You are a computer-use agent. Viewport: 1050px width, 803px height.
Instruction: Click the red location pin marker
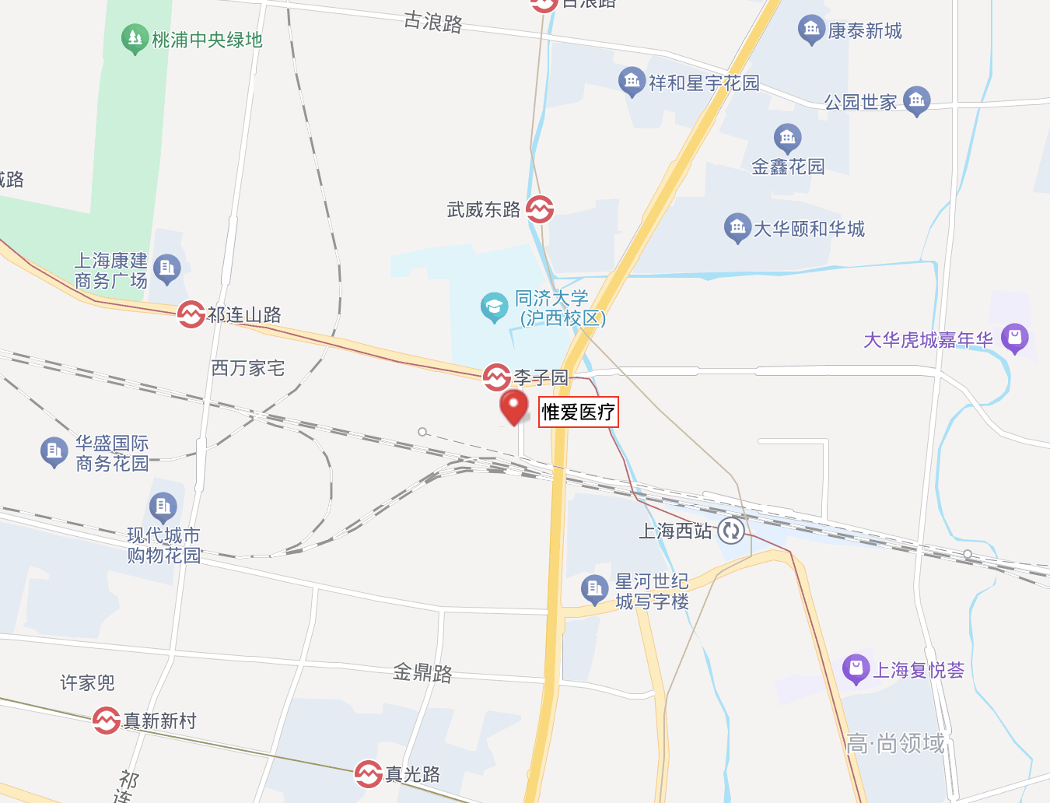[x=513, y=406]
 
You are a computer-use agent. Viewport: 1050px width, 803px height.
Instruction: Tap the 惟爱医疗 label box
[x=579, y=412]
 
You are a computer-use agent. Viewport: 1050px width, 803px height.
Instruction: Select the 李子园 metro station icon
[x=496, y=377]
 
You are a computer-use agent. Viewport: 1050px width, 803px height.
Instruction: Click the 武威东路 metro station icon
[x=540, y=209]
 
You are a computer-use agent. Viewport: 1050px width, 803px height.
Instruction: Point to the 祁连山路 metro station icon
[x=191, y=314]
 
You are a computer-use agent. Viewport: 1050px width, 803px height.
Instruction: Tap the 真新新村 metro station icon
[x=106, y=721]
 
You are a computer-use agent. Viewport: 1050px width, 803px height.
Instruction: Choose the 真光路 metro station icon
[x=368, y=774]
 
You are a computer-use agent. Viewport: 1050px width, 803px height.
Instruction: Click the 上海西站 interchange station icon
[x=730, y=531]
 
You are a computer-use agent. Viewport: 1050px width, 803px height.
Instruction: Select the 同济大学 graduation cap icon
[x=494, y=307]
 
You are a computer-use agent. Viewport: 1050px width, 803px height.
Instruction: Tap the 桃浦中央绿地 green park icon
[x=135, y=39]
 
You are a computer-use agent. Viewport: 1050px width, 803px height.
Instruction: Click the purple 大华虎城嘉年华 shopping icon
[x=1014, y=338]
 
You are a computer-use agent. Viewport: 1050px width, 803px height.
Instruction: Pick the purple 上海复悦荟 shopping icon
[x=856, y=668]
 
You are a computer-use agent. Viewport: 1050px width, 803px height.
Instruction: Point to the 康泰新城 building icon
[x=811, y=30]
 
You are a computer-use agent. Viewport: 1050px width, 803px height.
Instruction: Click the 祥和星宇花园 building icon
[x=632, y=82]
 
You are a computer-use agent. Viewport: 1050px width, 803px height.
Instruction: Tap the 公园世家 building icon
[x=917, y=100]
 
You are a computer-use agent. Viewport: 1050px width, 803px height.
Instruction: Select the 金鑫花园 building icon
[x=787, y=139]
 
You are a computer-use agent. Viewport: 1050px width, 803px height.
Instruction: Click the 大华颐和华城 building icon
[x=737, y=228]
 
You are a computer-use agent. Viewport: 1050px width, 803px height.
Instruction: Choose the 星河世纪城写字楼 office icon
[x=595, y=589]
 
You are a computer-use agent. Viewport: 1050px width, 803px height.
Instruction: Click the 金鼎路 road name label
[x=422, y=672]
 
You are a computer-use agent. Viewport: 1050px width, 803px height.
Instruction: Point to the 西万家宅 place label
[x=248, y=368]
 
